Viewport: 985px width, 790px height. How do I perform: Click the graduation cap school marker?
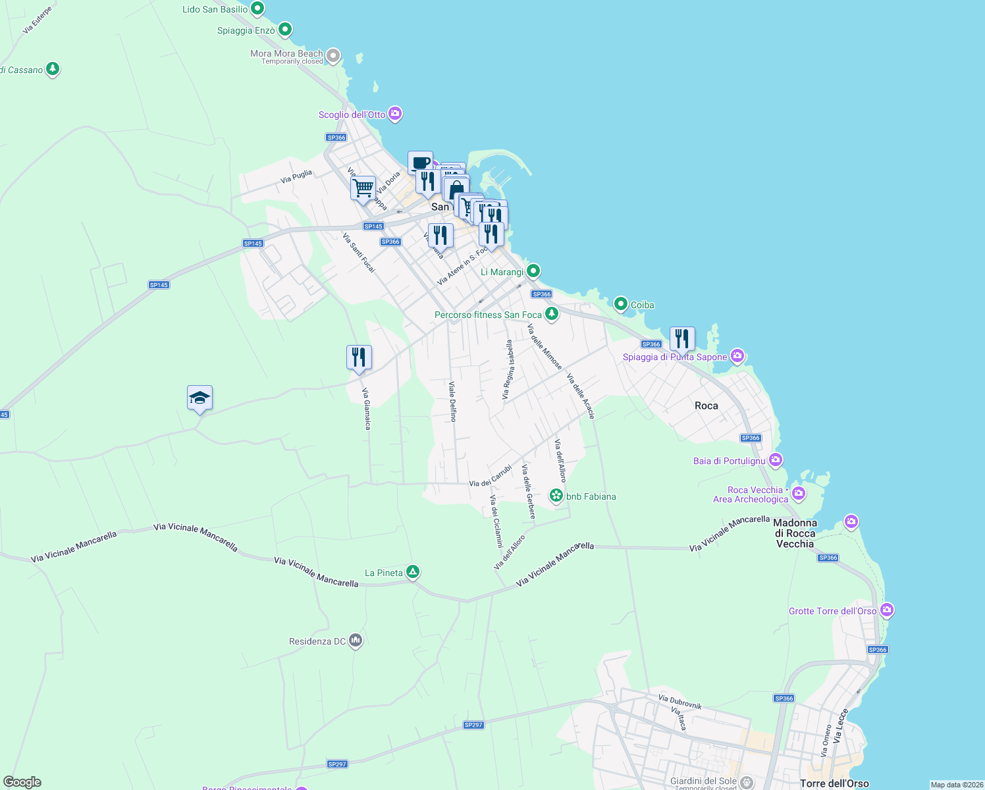(200, 398)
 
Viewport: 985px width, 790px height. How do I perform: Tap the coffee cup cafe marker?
(420, 163)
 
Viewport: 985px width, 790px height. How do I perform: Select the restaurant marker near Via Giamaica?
(359, 357)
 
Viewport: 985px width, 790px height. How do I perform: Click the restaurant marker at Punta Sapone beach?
(682, 339)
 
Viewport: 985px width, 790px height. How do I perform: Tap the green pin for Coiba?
(620, 304)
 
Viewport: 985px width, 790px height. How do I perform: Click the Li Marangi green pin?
(533, 271)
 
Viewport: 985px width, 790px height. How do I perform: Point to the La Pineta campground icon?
(413, 572)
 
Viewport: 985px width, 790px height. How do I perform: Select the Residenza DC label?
(317, 641)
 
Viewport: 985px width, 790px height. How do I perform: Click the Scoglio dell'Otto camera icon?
(395, 114)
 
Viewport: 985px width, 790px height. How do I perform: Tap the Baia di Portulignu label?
(729, 461)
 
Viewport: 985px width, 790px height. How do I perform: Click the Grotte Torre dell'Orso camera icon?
(887, 610)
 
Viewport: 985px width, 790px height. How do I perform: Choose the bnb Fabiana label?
(591, 496)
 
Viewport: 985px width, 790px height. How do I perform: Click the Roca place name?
(706, 406)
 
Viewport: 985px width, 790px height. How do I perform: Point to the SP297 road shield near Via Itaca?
(473, 725)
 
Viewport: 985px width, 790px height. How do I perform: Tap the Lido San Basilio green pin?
(258, 9)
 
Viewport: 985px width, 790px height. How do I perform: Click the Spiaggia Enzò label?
(246, 30)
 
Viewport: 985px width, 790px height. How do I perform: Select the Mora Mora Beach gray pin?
(334, 56)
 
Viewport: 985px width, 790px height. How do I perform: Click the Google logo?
(22, 782)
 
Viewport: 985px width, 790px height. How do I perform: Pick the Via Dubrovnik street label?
(680, 702)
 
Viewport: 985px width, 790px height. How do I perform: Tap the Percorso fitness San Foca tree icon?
(552, 314)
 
